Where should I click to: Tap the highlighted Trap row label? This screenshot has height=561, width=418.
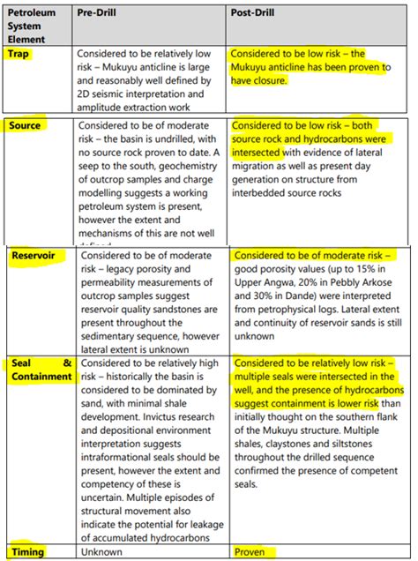[x=20, y=54]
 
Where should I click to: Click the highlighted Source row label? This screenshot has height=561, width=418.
[x=26, y=126]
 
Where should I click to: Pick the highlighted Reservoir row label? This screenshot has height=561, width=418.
[x=34, y=256]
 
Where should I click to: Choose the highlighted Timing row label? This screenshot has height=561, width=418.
[x=28, y=551]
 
